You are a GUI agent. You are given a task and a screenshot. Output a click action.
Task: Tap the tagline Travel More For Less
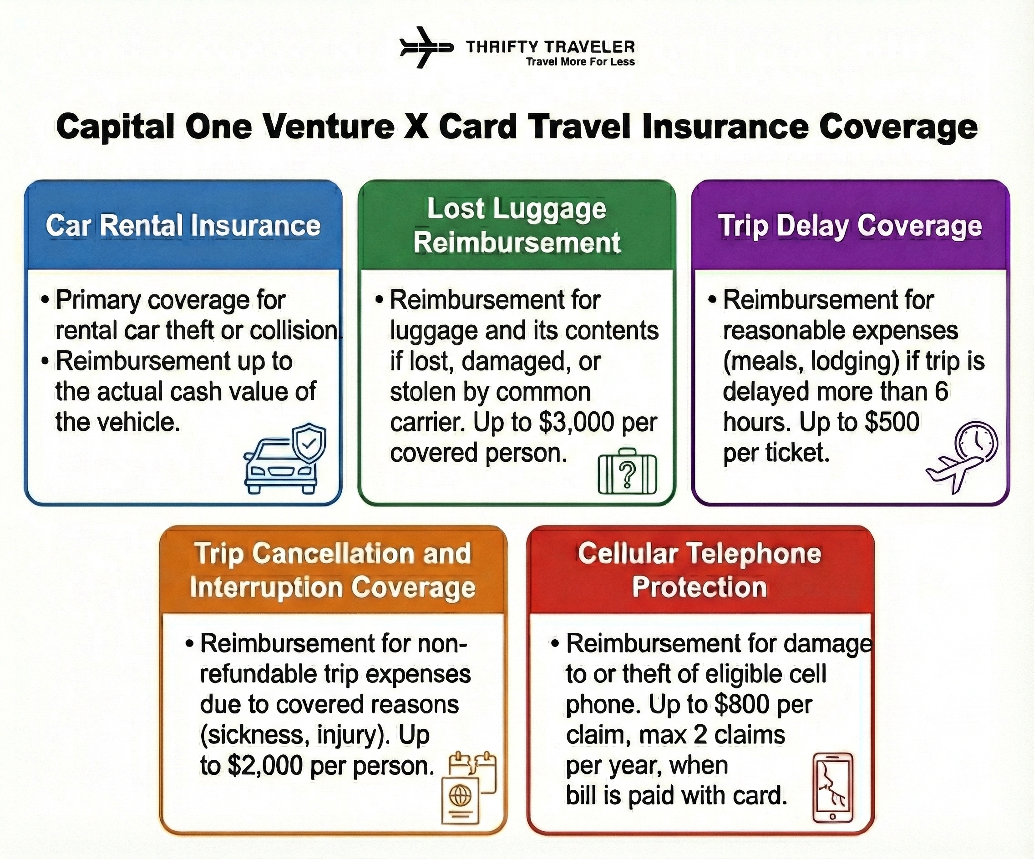[x=580, y=62]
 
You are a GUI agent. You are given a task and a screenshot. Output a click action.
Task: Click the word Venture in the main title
[x=329, y=127]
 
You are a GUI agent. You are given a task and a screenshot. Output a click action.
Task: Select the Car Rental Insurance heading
[x=183, y=226]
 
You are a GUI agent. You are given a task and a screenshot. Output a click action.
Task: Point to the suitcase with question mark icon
[x=627, y=473]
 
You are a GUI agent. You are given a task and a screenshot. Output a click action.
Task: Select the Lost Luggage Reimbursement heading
[x=517, y=226]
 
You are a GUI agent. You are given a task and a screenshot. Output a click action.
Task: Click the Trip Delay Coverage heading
[x=850, y=227]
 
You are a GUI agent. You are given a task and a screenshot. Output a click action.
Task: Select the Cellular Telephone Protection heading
[x=699, y=570]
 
